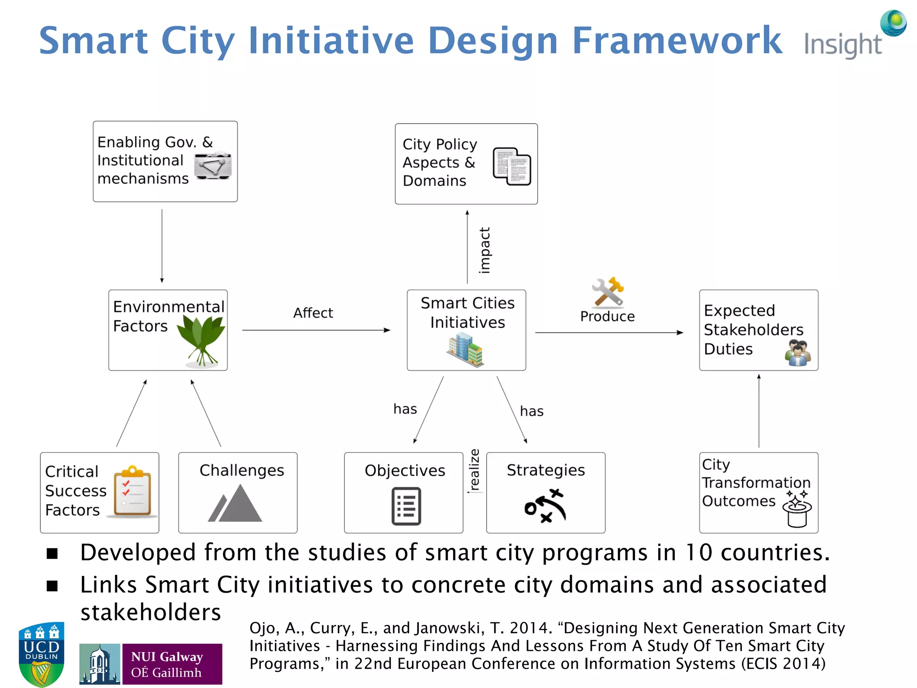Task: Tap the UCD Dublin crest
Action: (41, 654)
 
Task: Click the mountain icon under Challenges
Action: (236, 504)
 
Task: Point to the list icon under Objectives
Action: (406, 506)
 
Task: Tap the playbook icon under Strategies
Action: (545, 506)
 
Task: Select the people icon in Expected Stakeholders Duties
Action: (798, 353)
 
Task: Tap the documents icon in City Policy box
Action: (512, 166)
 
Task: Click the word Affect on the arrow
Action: (313, 313)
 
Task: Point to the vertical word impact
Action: (484, 250)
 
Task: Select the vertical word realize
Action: (474, 469)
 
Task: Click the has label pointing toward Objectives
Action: (405, 409)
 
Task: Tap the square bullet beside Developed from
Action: (52, 554)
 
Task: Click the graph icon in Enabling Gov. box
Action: (213, 166)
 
